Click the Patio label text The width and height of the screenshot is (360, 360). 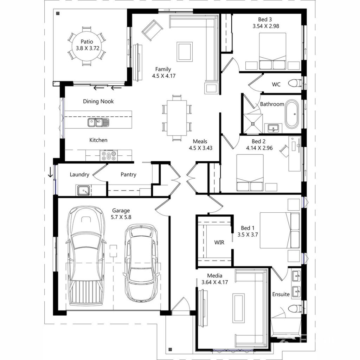click(x=86, y=41)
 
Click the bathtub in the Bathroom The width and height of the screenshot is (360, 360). click(x=291, y=115)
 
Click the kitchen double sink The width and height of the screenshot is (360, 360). click(x=98, y=122)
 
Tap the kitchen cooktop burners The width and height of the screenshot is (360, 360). click(x=109, y=155)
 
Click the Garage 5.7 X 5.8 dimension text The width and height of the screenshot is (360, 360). click(x=121, y=217)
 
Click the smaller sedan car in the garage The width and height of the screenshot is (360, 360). click(x=141, y=263)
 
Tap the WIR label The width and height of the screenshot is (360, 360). click(x=219, y=242)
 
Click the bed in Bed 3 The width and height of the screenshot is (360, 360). click(x=272, y=51)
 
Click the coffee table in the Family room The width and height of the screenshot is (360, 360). click(x=185, y=51)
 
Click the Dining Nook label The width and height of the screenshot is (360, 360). click(x=98, y=102)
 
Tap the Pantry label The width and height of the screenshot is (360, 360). click(x=128, y=174)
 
